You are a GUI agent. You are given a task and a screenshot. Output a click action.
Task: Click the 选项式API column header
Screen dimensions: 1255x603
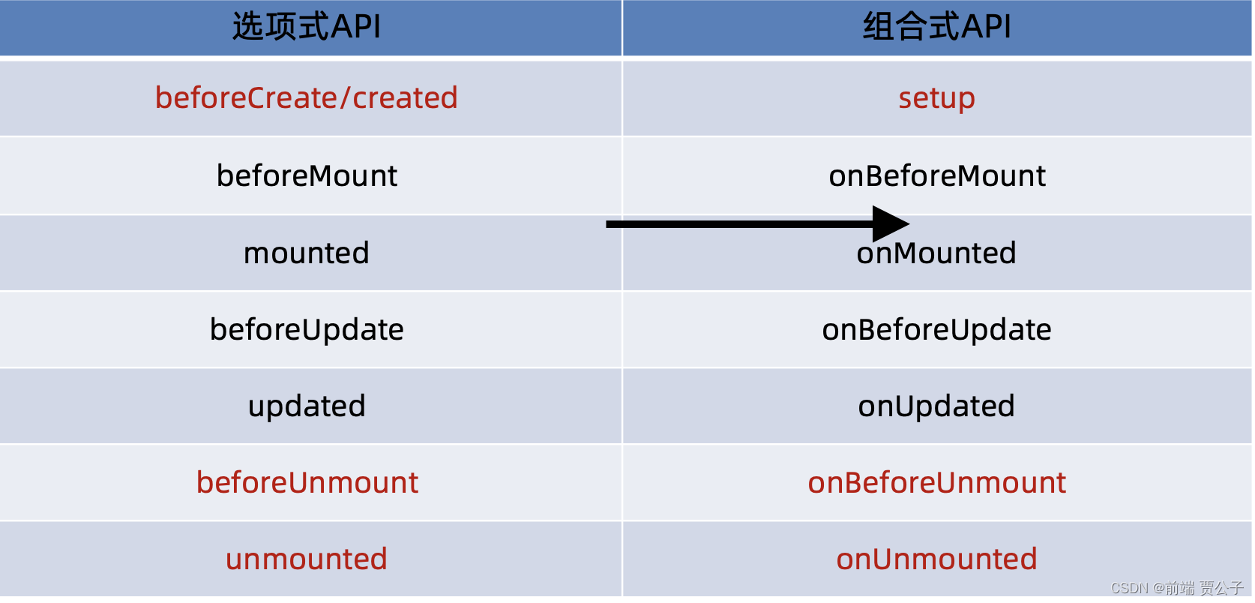(x=307, y=27)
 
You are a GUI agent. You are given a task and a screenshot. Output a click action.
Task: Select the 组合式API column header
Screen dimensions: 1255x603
(x=936, y=27)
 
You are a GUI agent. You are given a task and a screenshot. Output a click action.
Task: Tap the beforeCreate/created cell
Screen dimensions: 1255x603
(x=307, y=98)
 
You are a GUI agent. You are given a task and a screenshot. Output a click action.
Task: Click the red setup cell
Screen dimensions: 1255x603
(x=936, y=98)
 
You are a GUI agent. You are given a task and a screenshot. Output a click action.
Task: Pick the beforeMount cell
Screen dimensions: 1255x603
(x=307, y=176)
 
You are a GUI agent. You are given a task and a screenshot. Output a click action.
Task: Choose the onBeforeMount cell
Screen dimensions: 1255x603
(x=936, y=176)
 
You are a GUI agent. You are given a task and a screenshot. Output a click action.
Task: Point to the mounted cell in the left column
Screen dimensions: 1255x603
(x=307, y=253)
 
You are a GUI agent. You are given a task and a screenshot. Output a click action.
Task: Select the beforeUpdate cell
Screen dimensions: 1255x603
(x=307, y=330)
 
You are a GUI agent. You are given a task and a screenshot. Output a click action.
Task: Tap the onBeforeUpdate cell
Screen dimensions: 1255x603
(x=936, y=330)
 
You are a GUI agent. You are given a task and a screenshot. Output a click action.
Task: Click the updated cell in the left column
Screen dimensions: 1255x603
(x=307, y=406)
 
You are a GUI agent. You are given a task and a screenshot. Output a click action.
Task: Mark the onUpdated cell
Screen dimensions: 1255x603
(x=936, y=406)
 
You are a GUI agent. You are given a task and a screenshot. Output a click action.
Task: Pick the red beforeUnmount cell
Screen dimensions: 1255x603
(x=307, y=483)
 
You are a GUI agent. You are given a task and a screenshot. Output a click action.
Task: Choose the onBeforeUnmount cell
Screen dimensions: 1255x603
(x=936, y=483)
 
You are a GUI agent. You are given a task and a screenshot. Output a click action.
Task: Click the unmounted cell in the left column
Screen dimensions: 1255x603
(x=307, y=559)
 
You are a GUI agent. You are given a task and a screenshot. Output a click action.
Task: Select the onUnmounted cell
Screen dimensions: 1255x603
(x=936, y=559)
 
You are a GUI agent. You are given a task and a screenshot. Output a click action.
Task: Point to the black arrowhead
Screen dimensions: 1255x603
(x=890, y=223)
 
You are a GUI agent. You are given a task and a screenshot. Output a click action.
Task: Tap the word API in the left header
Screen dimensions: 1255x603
(x=356, y=27)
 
